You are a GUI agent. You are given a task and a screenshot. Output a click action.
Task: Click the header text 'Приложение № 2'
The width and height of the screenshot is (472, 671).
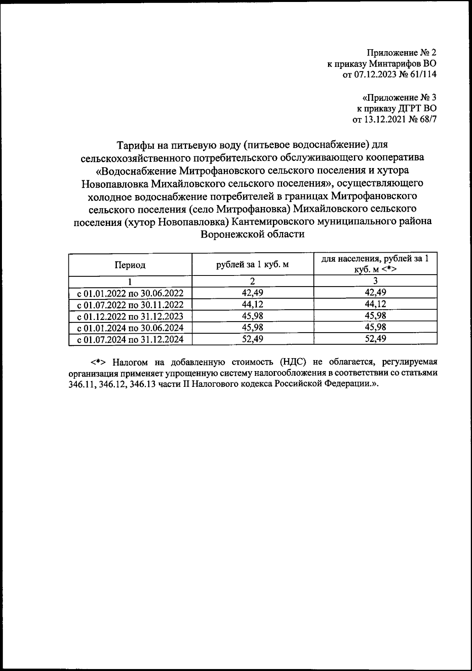click(x=402, y=52)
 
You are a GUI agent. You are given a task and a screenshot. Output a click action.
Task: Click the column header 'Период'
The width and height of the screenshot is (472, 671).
click(x=130, y=265)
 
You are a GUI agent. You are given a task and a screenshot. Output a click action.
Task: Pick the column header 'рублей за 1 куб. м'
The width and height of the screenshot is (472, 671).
click(x=253, y=264)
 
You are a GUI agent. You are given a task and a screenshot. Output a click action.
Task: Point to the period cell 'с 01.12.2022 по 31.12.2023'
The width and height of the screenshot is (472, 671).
click(x=130, y=316)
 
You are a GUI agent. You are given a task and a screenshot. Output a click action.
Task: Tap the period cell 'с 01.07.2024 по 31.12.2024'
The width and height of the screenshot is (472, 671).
click(x=130, y=339)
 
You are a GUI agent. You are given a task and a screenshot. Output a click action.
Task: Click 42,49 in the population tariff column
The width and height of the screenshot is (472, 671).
click(x=375, y=292)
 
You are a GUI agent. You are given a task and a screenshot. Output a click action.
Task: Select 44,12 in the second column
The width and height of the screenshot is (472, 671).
click(x=253, y=304)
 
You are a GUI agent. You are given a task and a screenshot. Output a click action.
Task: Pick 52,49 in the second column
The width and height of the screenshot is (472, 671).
click(x=253, y=338)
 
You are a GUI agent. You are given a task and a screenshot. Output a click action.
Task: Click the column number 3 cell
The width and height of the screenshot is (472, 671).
click(x=375, y=281)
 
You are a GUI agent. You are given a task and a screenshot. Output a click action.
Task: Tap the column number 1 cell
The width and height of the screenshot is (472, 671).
click(x=130, y=281)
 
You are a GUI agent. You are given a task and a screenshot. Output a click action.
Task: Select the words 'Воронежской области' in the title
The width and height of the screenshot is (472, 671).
click(x=253, y=234)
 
